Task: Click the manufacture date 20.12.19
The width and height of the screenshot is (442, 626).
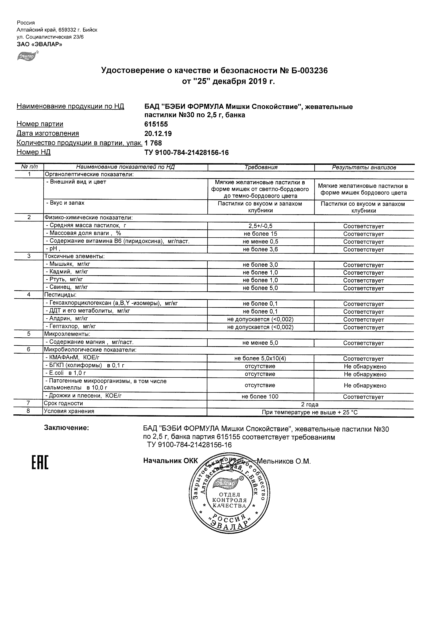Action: [158, 133]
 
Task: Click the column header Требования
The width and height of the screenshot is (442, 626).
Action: [261, 167]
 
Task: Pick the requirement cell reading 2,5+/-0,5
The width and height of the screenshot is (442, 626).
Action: [260, 226]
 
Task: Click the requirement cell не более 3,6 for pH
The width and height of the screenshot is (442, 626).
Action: [260, 249]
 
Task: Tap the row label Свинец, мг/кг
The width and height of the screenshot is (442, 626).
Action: [67, 287]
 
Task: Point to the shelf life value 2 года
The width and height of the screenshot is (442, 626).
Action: [310, 404]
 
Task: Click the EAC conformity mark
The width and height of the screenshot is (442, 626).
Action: [40, 463]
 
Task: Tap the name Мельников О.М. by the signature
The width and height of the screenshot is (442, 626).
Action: [284, 461]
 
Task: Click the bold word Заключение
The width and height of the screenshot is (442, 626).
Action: [67, 428]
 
